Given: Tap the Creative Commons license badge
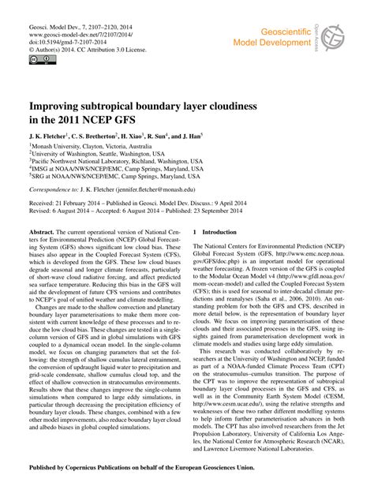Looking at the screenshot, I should tap(39, 58).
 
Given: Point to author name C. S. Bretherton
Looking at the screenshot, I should tap(100, 136).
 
